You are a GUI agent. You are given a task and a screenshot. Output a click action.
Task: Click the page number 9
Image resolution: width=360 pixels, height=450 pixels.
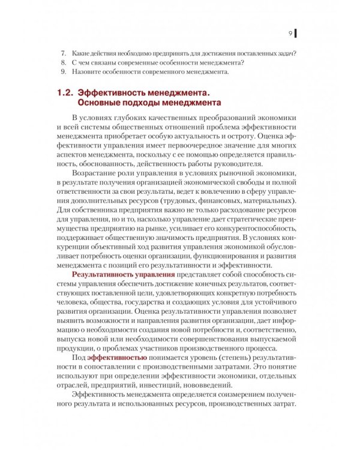click(290, 33)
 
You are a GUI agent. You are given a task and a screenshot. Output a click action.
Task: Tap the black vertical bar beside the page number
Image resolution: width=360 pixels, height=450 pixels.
click(296, 33)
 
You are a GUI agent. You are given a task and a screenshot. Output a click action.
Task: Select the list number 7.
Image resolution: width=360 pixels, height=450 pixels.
click(64, 53)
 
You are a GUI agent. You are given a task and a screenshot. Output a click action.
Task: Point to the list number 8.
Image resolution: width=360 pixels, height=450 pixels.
click(64, 62)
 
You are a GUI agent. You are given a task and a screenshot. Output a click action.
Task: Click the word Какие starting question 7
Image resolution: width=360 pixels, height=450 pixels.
click(80, 53)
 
